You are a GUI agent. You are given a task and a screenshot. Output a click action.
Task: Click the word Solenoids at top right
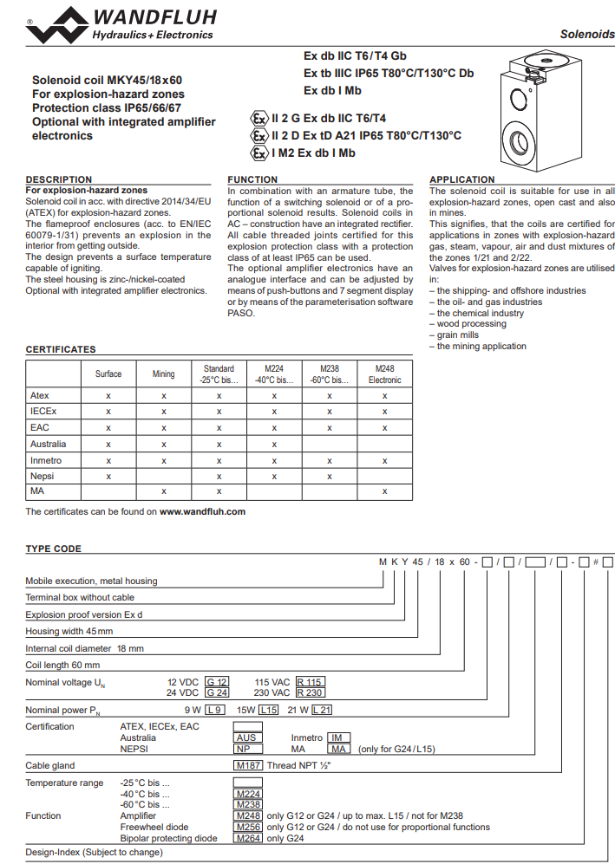click(587, 35)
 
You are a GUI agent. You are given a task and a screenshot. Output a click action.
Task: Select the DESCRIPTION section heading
click(58, 179)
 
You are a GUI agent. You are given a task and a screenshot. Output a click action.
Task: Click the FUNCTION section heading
click(252, 179)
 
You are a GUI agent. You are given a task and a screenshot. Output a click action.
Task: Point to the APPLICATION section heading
click(462, 179)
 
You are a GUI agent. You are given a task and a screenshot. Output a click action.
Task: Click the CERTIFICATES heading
click(61, 349)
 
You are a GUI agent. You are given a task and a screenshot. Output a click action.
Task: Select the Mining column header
click(163, 374)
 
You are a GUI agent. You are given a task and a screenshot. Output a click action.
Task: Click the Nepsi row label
click(41, 476)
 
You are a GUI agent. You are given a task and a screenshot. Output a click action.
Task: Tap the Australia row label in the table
click(47, 444)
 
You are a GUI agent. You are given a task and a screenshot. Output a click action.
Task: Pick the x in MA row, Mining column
click(163, 491)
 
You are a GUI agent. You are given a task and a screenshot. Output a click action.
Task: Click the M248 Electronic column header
click(384, 374)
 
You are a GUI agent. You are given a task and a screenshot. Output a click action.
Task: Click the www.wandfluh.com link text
click(202, 511)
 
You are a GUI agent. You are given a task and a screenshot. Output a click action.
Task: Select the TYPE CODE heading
click(53, 549)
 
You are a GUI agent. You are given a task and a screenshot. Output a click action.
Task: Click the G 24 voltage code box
click(217, 692)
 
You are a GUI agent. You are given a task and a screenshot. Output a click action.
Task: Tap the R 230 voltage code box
click(310, 692)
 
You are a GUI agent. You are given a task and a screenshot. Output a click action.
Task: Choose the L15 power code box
click(269, 710)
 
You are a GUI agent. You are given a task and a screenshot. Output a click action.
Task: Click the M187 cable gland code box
click(248, 765)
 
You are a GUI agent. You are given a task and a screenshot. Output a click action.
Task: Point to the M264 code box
click(248, 838)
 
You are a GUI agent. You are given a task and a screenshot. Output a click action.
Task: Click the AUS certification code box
click(247, 737)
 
